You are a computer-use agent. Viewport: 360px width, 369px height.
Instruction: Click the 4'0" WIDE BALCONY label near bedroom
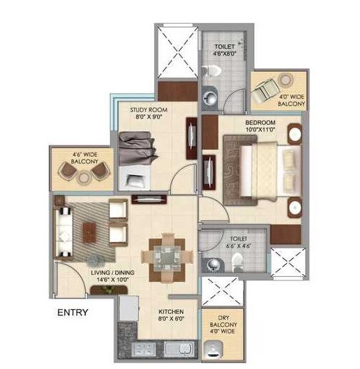291,101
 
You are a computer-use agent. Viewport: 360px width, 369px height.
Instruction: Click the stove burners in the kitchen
141,350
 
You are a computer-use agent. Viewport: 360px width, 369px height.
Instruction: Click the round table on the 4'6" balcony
82,171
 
